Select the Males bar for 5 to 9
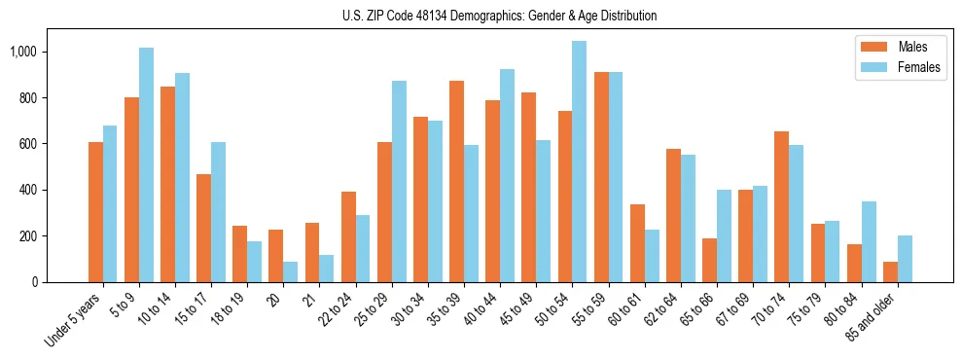point(131,190)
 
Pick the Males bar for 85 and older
point(891,271)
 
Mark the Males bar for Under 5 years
point(95,212)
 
